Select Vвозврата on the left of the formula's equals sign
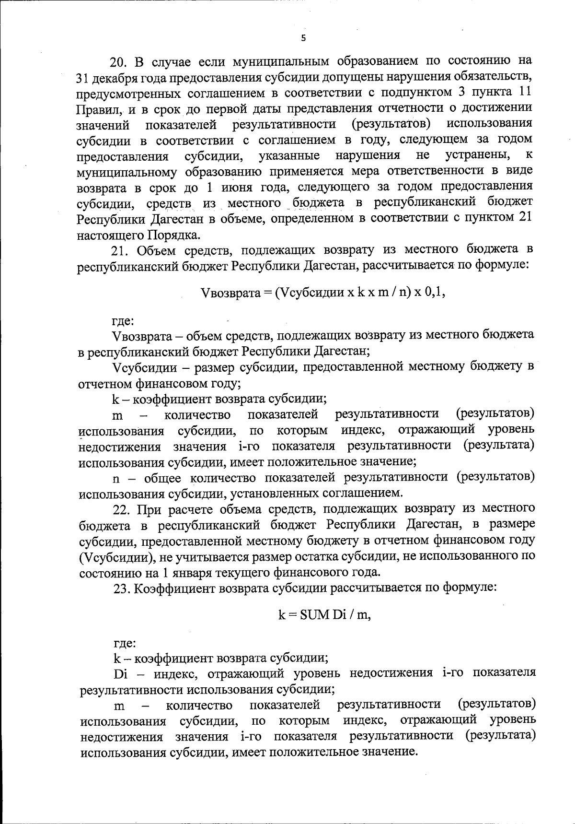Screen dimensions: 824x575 [x=230, y=293]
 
